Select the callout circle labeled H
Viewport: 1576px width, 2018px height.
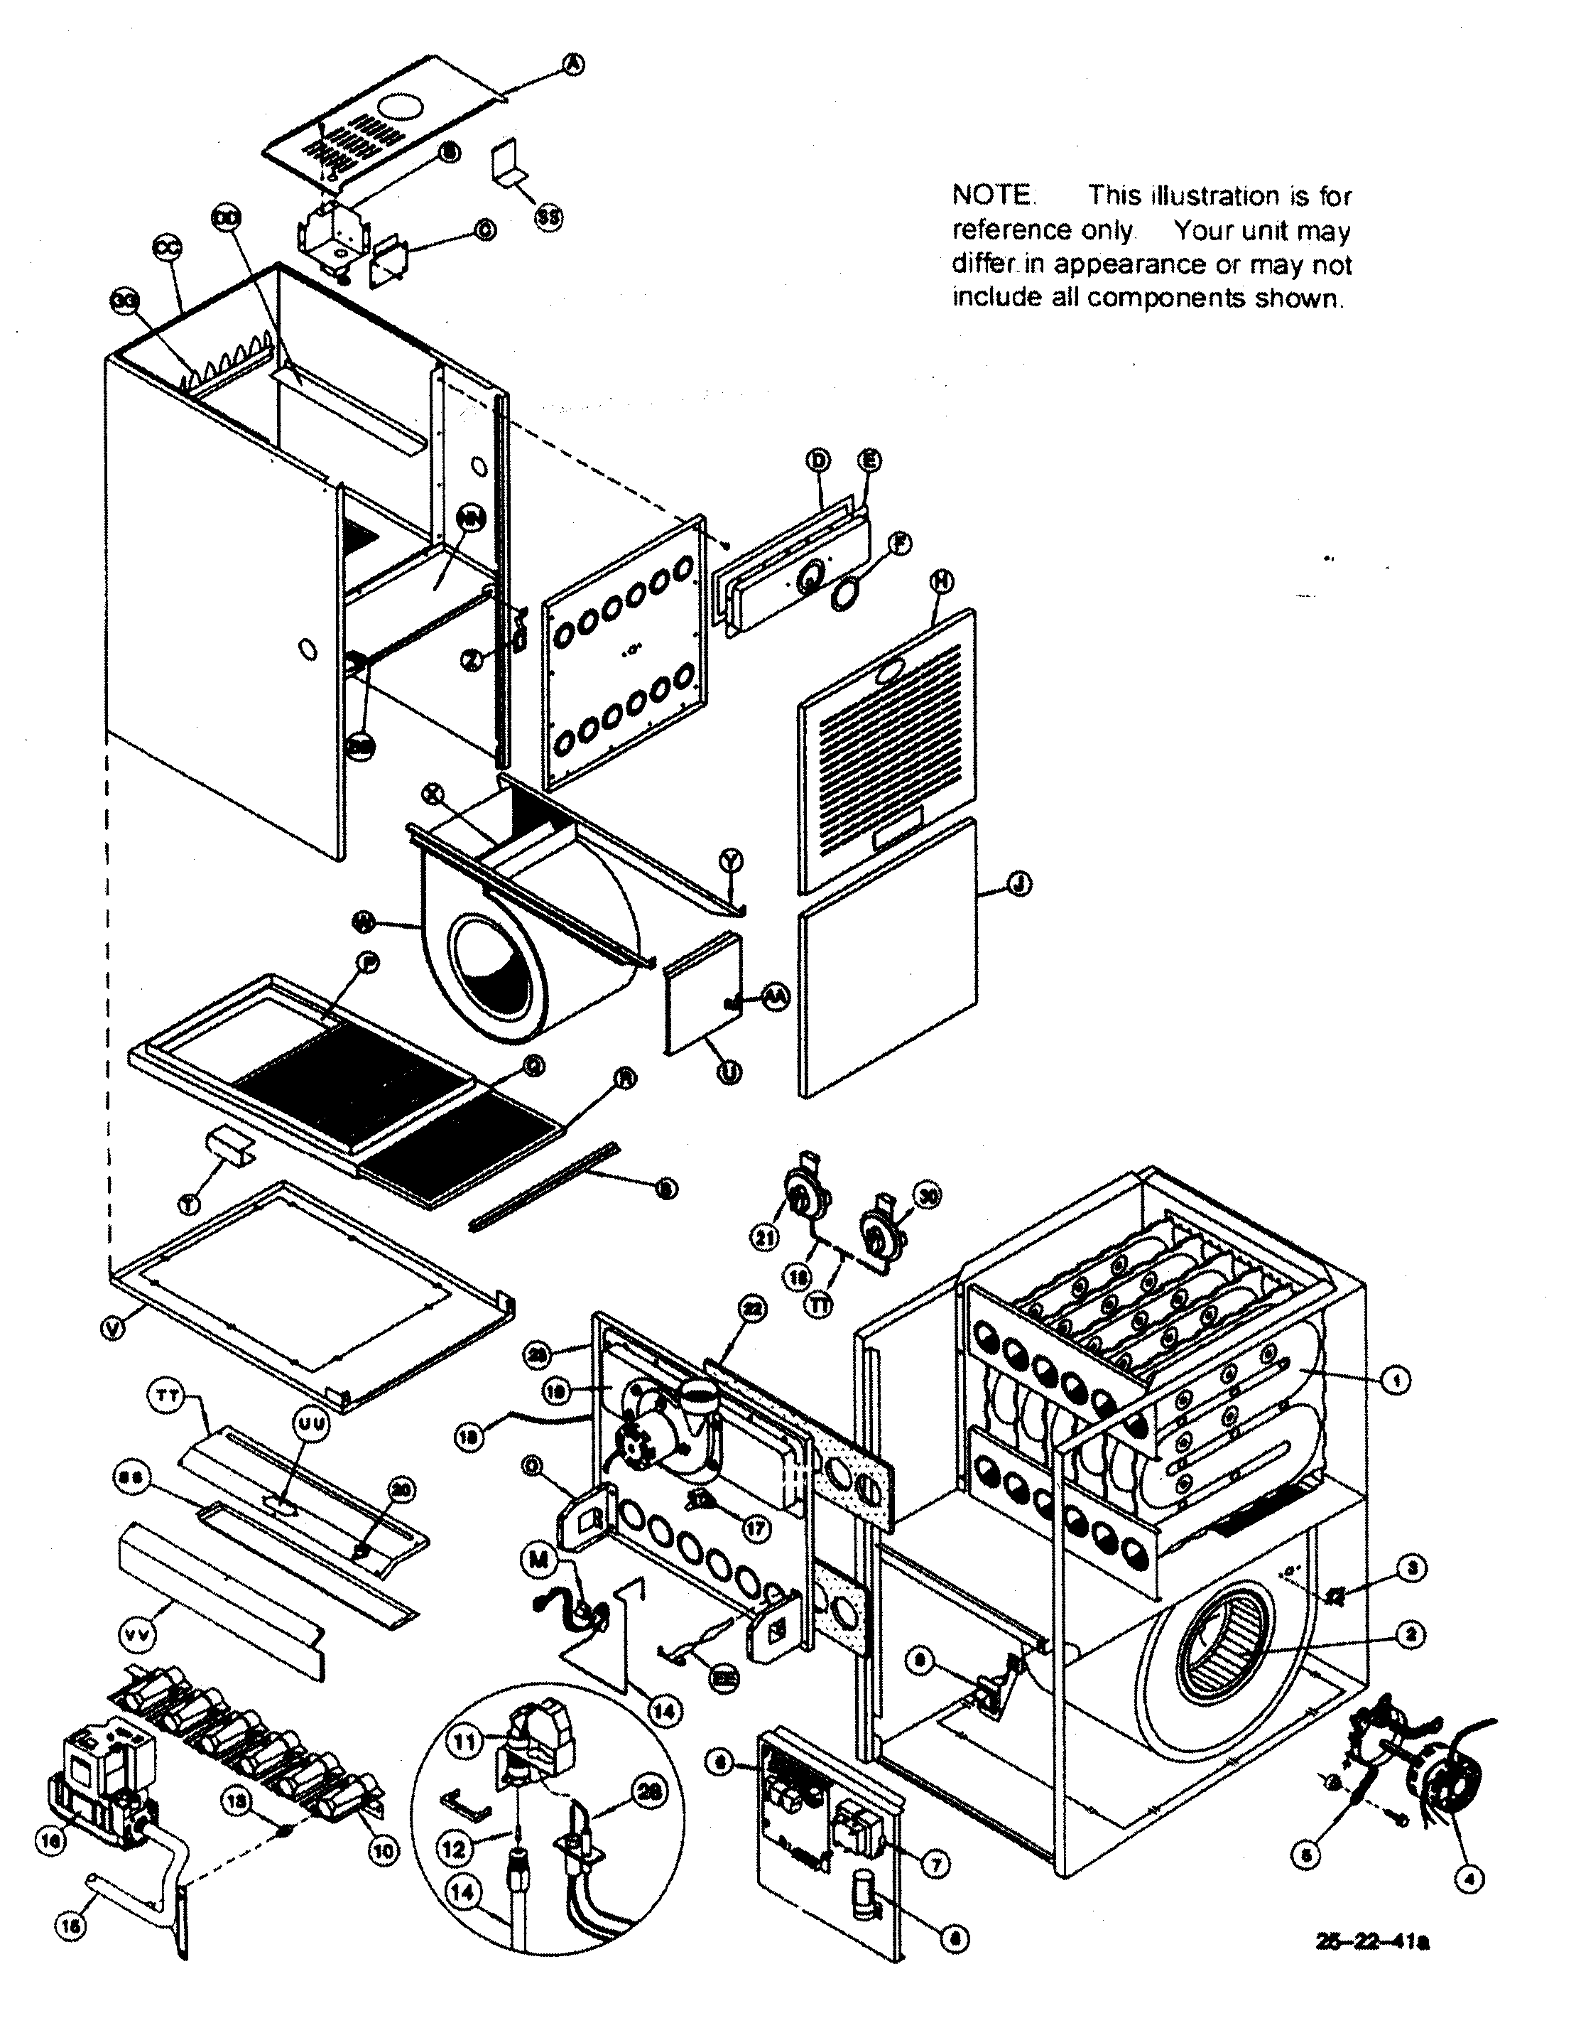[x=941, y=581]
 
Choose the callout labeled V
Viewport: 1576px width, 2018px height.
[x=112, y=1329]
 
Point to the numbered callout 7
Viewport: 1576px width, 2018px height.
[x=936, y=1865]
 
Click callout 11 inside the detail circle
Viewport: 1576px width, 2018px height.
[x=466, y=1742]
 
